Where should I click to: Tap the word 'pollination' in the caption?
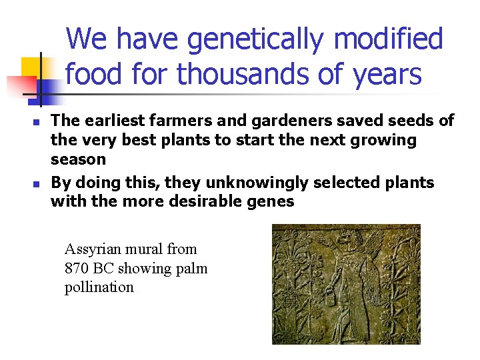(99, 287)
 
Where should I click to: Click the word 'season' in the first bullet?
(78, 159)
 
